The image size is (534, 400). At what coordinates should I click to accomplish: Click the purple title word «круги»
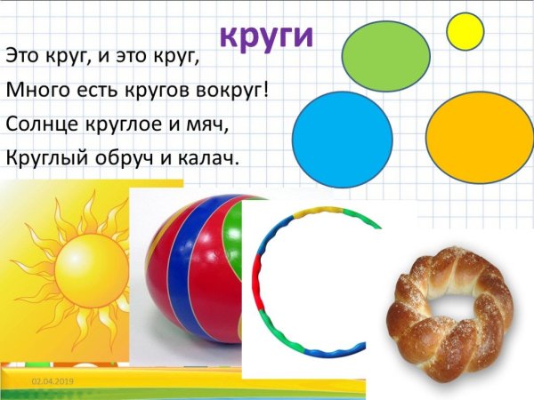(267, 37)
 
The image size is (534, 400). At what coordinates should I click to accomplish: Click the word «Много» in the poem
(32, 89)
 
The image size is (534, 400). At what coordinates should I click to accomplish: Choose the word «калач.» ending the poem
(209, 157)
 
